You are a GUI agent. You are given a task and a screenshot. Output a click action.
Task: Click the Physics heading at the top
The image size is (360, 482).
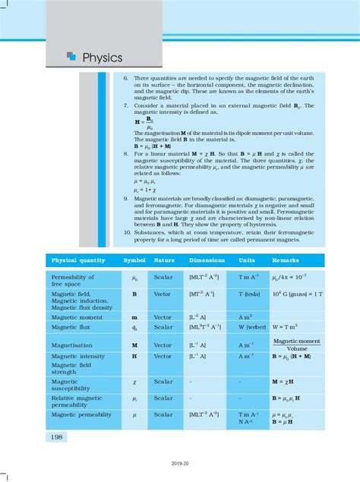click(x=101, y=57)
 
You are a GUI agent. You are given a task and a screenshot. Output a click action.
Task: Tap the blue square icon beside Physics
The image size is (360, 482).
click(x=71, y=56)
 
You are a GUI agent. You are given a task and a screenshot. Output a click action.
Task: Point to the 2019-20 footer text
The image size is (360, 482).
click(x=180, y=462)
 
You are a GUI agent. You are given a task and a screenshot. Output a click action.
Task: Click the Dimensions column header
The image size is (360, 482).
click(x=207, y=260)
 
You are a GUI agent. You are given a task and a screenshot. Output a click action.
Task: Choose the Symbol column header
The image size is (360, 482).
click(x=134, y=260)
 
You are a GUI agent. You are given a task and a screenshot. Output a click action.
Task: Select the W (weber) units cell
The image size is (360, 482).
click(x=252, y=327)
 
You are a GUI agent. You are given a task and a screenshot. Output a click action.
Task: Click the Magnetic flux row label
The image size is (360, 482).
click(x=71, y=327)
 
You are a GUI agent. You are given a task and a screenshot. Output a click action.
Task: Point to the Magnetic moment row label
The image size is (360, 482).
click(x=75, y=316)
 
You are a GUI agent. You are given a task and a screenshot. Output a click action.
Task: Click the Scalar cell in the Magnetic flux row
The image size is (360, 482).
click(x=163, y=327)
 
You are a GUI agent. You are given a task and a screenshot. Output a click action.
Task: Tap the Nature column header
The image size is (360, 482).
click(x=165, y=260)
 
